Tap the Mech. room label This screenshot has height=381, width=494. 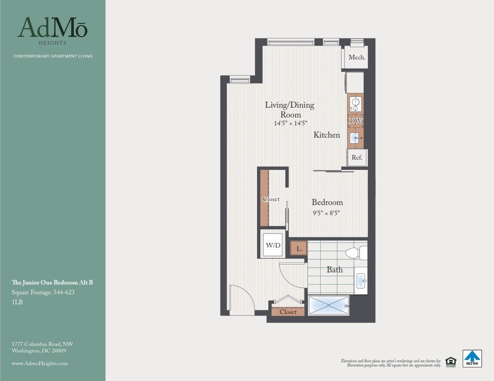pyautogui.click(x=357, y=58)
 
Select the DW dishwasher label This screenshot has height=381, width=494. pyautogui.click(x=356, y=121)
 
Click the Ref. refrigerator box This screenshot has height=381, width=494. pyautogui.click(x=357, y=158)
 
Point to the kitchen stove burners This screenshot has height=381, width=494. pyautogui.click(x=355, y=104)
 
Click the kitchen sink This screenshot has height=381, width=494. pyautogui.click(x=355, y=137)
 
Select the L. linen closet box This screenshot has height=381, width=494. pyautogui.click(x=299, y=249)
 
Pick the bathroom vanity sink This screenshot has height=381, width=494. pyautogui.click(x=360, y=281)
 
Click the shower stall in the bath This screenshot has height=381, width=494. pyautogui.click(x=329, y=305)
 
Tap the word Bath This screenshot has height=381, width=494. pyautogui.click(x=335, y=270)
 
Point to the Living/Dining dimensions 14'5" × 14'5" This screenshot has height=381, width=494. pyautogui.click(x=290, y=124)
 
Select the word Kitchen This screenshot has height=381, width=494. pyautogui.click(x=327, y=135)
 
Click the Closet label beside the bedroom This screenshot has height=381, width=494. pyautogui.click(x=271, y=199)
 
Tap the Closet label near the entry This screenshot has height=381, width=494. pyautogui.click(x=288, y=312)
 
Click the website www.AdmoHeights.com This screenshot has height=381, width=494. pyautogui.click(x=40, y=363)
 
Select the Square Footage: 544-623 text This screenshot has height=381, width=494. pyautogui.click(x=43, y=293)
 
